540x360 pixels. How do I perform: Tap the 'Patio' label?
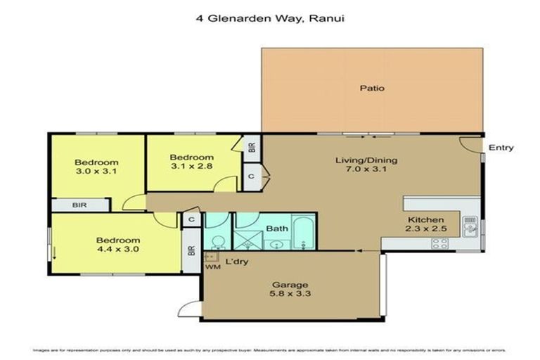click(x=372, y=89)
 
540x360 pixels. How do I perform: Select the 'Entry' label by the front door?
click(x=501, y=148)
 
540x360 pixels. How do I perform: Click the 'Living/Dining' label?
click(x=366, y=160)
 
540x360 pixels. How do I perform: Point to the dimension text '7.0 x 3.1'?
click(x=366, y=170)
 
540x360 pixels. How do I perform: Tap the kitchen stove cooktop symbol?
click(x=440, y=243)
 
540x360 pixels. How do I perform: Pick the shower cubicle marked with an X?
click(x=247, y=235)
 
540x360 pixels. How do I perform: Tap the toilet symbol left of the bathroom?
click(x=218, y=243)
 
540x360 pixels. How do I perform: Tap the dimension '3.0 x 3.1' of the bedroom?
click(x=97, y=171)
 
